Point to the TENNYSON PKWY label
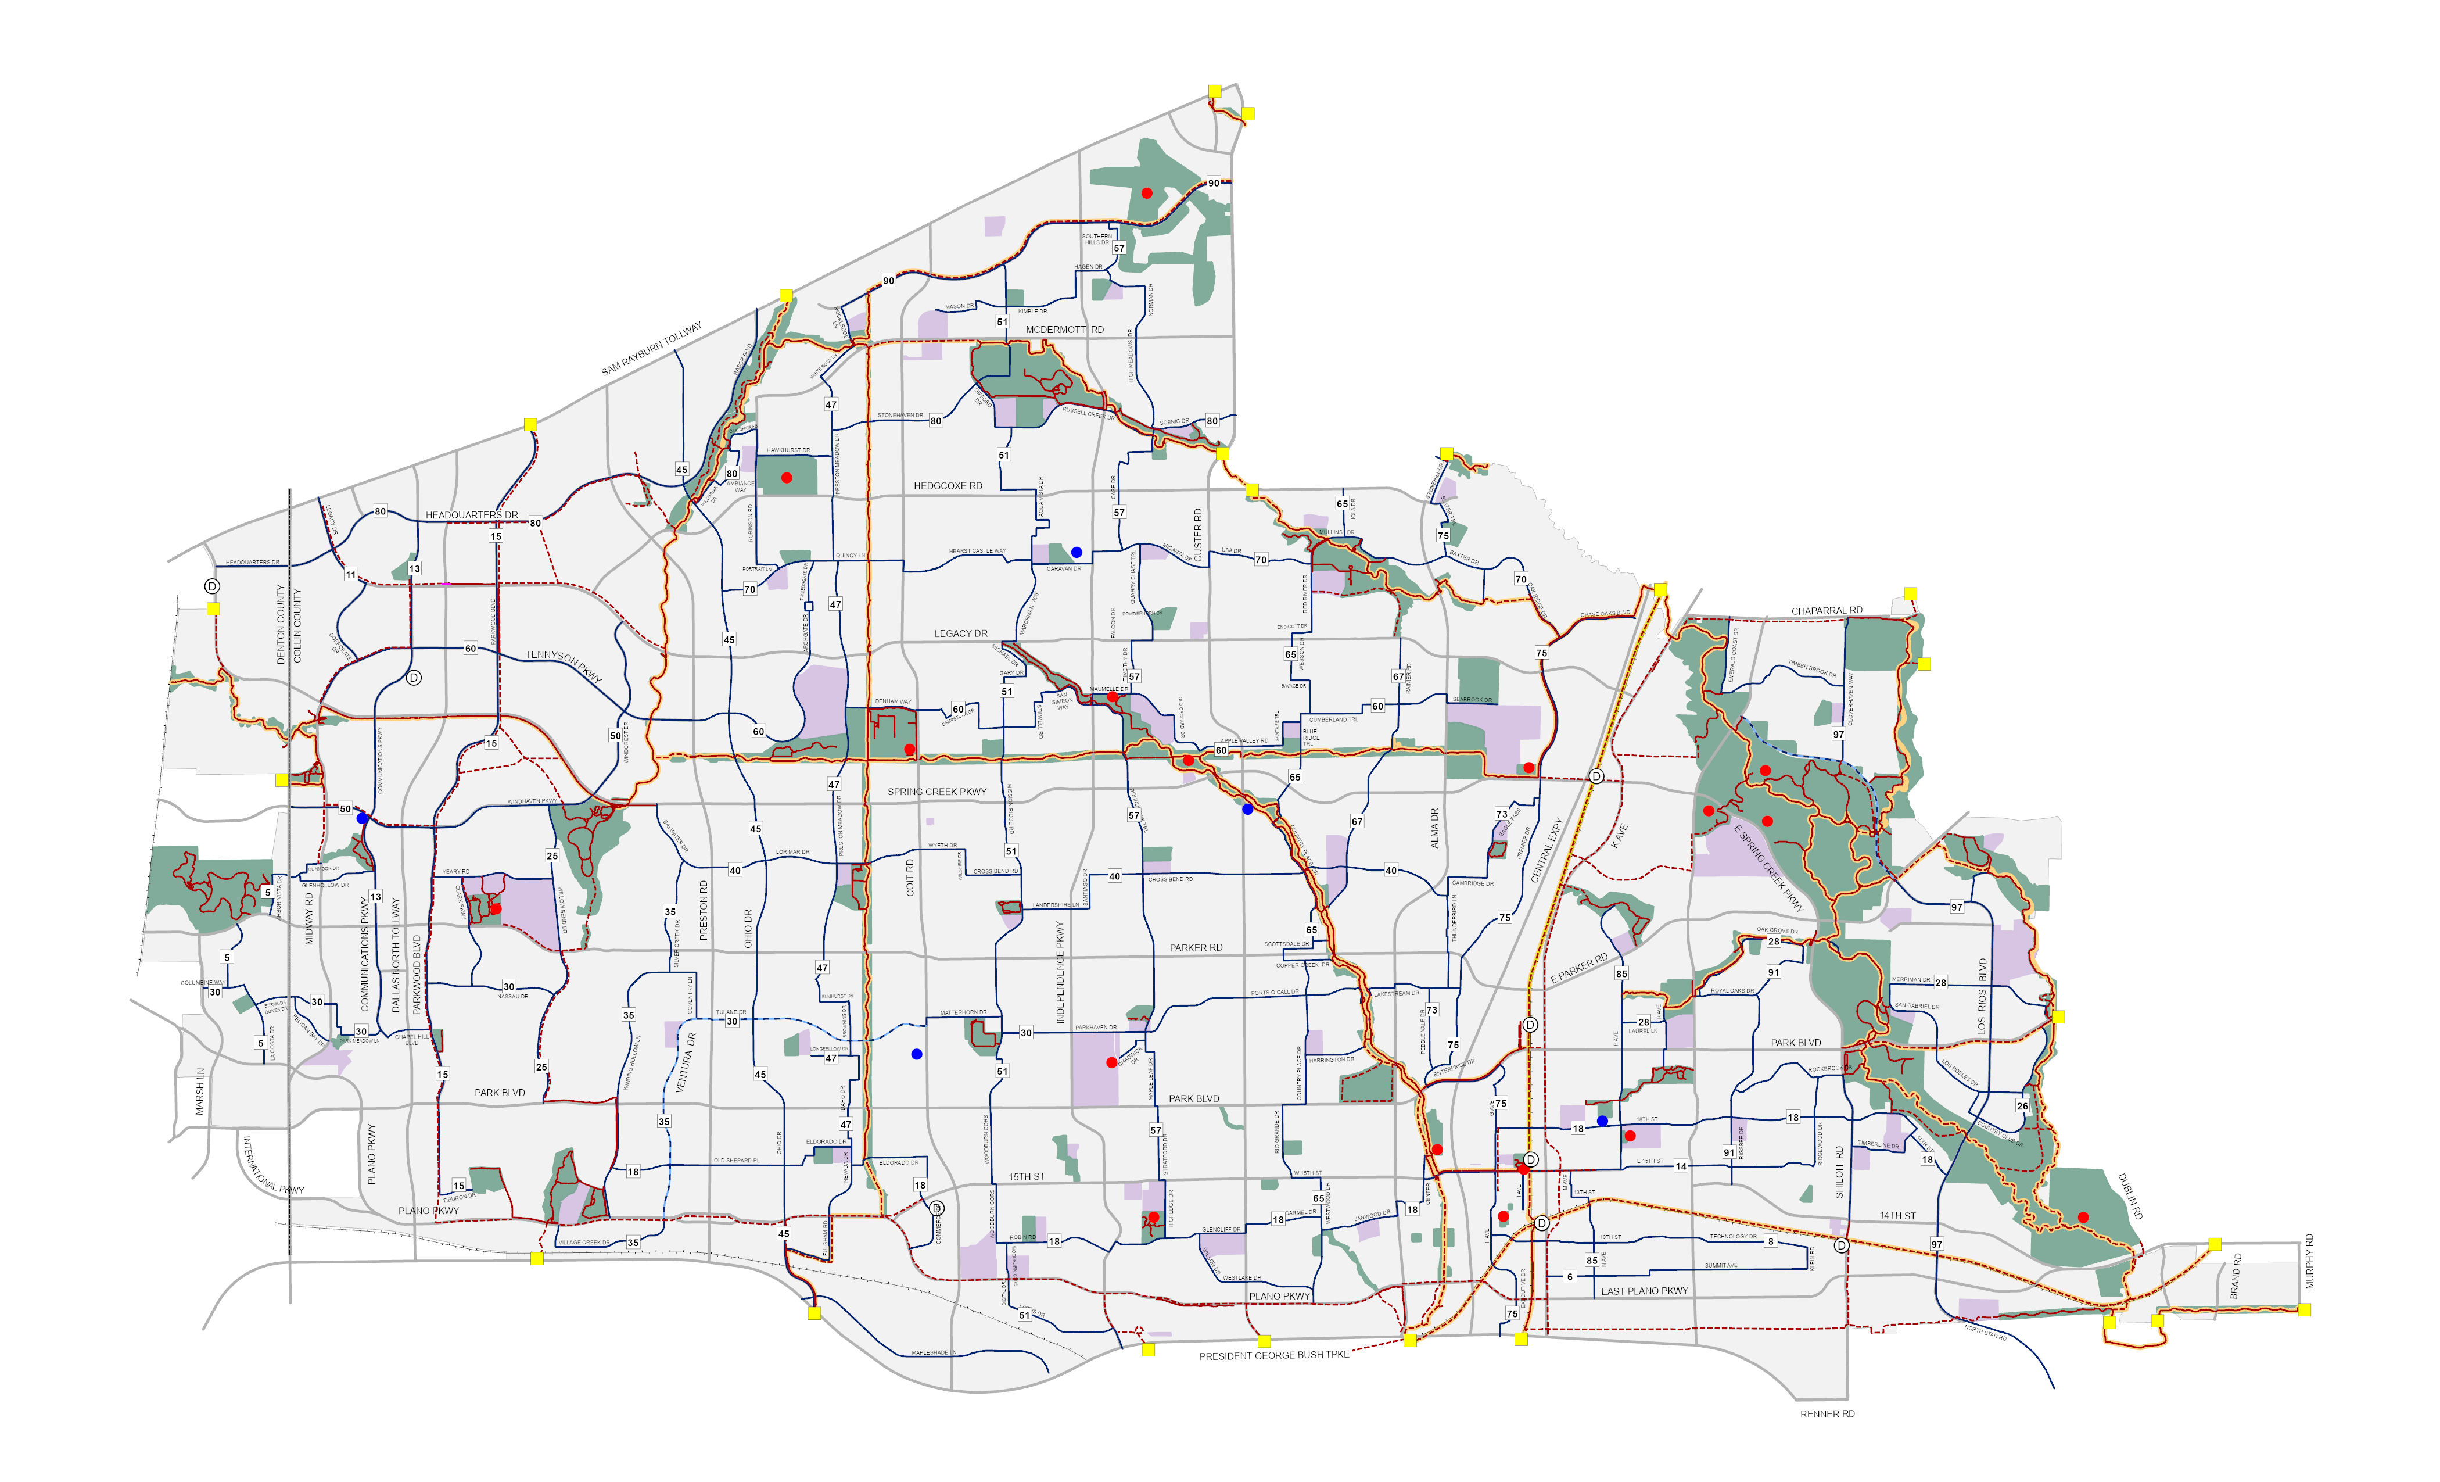tap(564, 665)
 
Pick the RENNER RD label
tap(1827, 1413)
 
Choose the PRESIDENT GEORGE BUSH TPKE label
tap(1273, 1355)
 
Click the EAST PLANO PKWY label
tap(1644, 1291)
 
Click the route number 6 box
tap(1570, 1277)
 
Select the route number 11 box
tap(350, 575)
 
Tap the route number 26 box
tap(2022, 1107)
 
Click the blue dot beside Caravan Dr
tap(1077, 552)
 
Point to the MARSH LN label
tap(200, 1091)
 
